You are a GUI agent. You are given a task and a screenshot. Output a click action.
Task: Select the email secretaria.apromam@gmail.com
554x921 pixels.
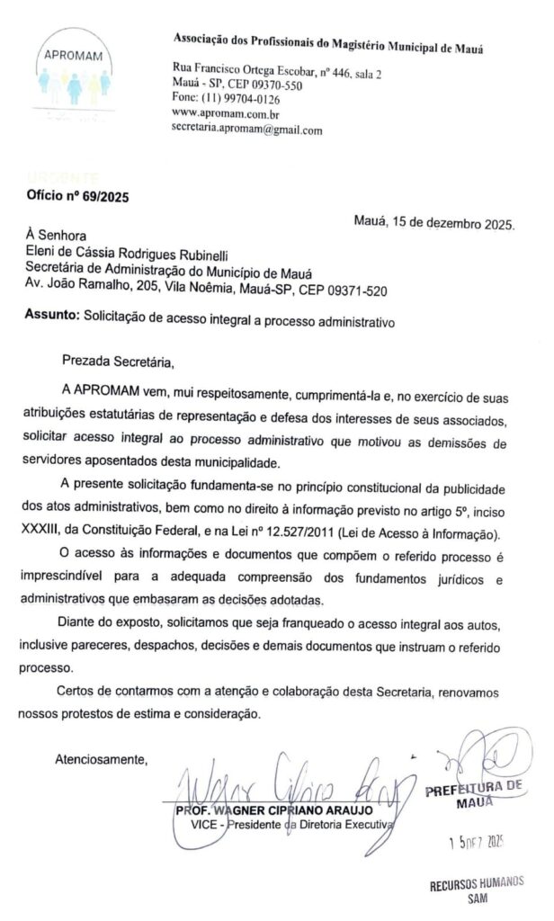coord(246,130)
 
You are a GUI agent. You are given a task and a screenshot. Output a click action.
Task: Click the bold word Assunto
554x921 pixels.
coord(51,318)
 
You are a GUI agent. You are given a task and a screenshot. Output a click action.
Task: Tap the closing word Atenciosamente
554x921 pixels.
coord(102,758)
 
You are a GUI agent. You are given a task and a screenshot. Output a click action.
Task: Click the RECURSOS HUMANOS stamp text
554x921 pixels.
coord(477,883)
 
